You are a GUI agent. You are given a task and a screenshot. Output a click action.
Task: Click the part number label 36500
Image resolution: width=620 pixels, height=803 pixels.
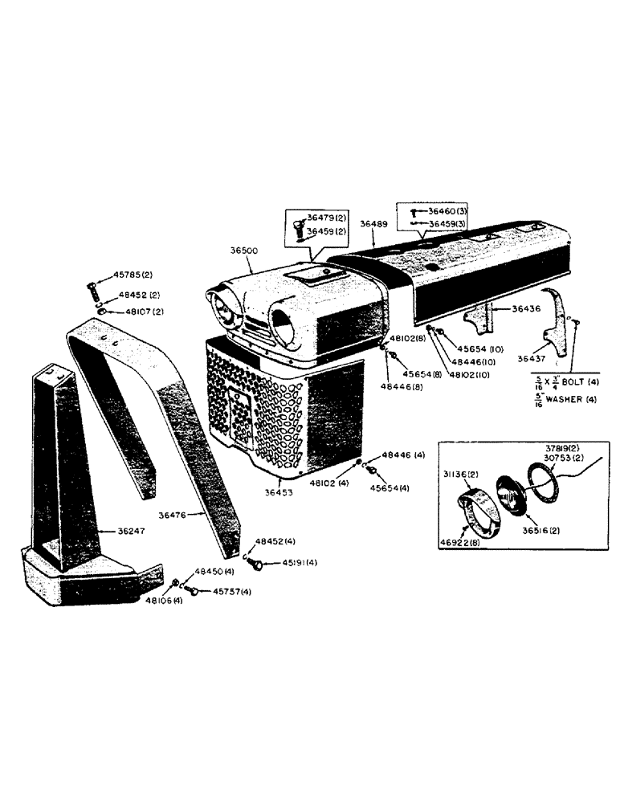tap(243, 251)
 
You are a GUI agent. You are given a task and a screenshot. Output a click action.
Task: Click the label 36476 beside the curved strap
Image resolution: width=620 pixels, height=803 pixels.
tap(174, 517)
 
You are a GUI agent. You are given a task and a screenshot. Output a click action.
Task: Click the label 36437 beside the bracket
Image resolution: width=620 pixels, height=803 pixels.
tap(529, 359)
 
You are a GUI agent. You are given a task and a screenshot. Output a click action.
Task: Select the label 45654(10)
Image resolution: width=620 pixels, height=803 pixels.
tap(479, 348)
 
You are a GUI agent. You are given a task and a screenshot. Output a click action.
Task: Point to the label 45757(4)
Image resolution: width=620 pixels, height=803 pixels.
tap(231, 592)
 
